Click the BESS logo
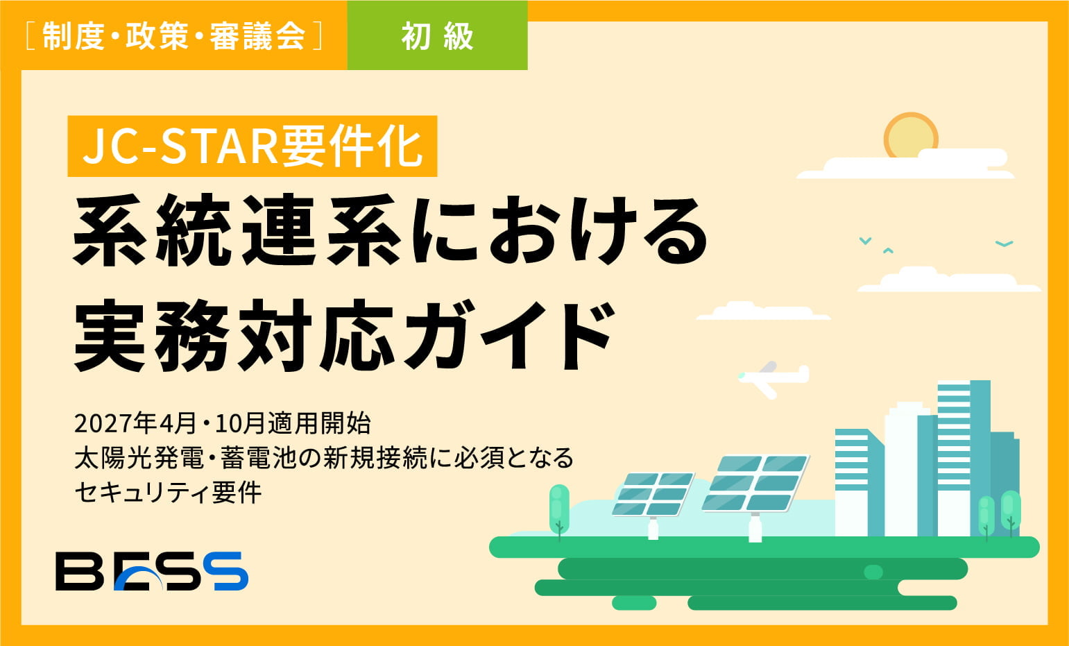click(152, 571)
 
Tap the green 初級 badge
click(437, 36)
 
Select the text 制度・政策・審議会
click(174, 36)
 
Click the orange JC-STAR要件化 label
click(253, 146)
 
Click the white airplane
click(772, 377)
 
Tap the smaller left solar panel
click(653, 494)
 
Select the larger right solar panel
click(755, 484)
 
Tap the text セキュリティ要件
click(168, 492)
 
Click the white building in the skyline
click(902, 472)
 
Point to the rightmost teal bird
click(1004, 244)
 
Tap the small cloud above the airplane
click(763, 312)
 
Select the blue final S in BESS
click(230, 571)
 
